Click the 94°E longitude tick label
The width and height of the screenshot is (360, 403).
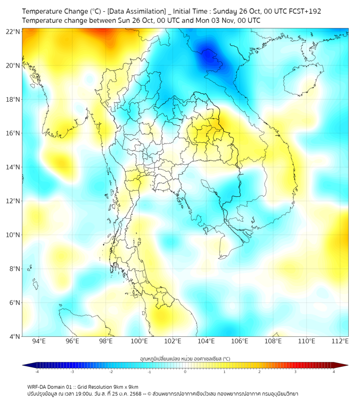tap(39, 341)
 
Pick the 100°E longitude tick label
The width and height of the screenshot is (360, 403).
tap(139, 341)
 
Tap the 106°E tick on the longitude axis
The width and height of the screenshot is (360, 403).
tap(240, 341)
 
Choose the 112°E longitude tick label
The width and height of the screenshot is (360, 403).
tap(340, 341)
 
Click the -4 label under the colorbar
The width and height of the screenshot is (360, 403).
tap(37, 372)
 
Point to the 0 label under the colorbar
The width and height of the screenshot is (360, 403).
tap(185, 372)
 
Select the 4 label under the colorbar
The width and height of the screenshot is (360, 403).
tap(334, 372)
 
